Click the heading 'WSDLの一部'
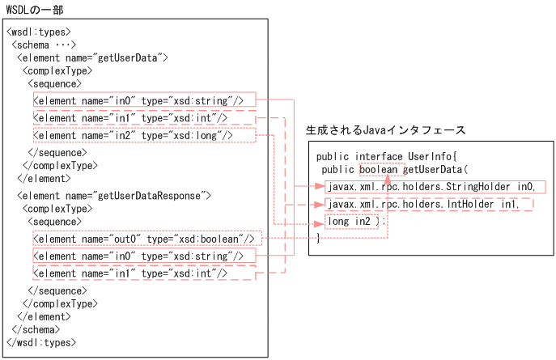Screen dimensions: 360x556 34,9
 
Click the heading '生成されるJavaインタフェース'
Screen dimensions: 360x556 385,129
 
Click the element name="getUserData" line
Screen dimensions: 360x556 91,57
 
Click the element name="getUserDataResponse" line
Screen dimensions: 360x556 113,195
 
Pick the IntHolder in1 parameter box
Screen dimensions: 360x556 424,204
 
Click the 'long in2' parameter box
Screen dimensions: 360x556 351,221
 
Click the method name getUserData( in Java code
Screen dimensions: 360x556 436,170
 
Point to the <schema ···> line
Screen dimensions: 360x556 45,44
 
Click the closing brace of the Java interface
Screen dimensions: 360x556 318,238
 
